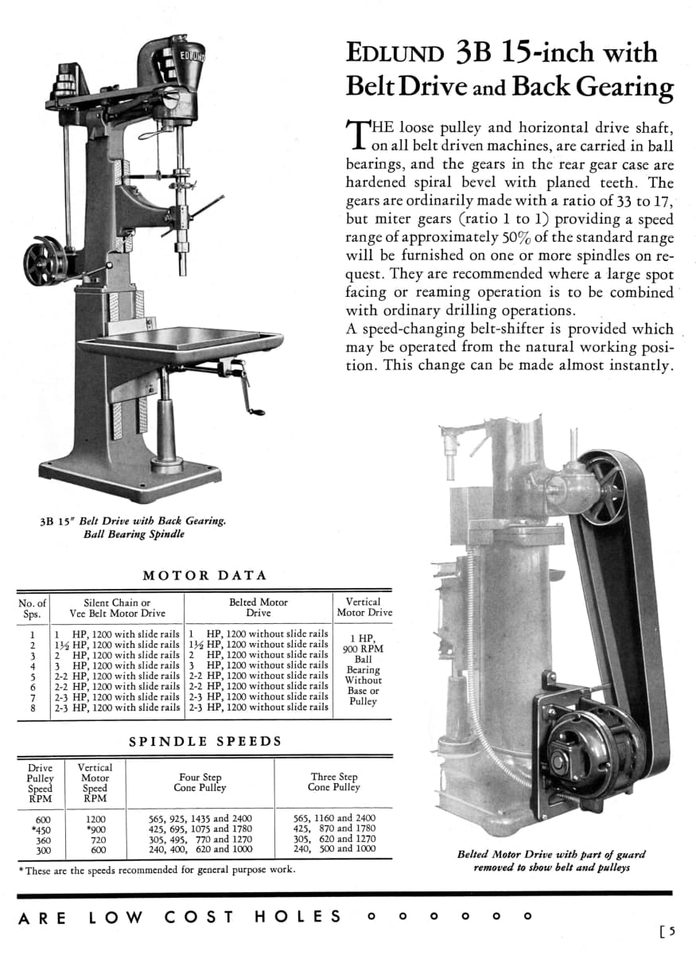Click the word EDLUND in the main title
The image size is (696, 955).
[395, 54]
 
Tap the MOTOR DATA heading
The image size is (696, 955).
[204, 575]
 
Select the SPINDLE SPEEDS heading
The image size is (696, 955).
[205, 741]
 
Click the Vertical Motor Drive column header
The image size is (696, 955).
[364, 607]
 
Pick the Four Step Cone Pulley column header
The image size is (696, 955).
[200, 782]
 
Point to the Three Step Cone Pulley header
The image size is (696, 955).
[334, 782]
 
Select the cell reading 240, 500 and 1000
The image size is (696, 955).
[333, 849]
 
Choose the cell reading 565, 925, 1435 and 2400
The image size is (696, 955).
[200, 818]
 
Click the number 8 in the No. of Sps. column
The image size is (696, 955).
[33, 707]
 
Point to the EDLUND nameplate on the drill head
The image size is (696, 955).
[190, 56]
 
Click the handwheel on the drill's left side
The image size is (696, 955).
[43, 259]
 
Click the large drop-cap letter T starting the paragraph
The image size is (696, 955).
[358, 135]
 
